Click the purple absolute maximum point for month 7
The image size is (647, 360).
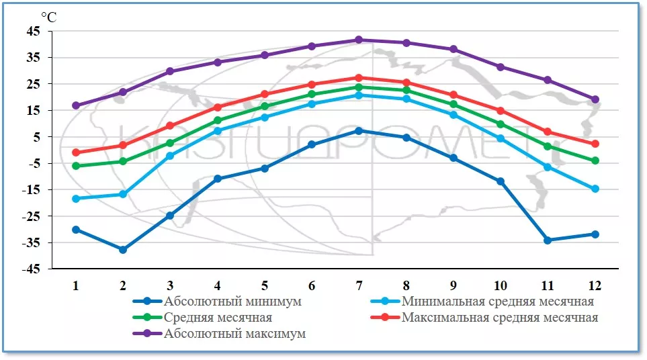pyautogui.click(x=359, y=40)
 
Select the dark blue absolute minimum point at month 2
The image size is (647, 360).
pyautogui.click(x=123, y=250)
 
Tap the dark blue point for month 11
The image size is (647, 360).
pyautogui.click(x=548, y=240)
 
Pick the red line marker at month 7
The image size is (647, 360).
pyautogui.click(x=359, y=78)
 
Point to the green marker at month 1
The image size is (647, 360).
pyautogui.click(x=76, y=166)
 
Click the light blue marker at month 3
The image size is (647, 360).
pyautogui.click(x=170, y=156)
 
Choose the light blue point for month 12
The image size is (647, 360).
pyautogui.click(x=595, y=189)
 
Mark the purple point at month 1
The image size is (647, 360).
pyautogui.click(x=76, y=105)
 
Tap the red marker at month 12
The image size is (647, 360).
pyautogui.click(x=595, y=144)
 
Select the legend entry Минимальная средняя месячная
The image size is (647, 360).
pyautogui.click(x=497, y=302)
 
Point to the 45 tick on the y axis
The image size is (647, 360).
pyautogui.click(x=34, y=31)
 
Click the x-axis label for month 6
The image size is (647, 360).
pyautogui.click(x=312, y=284)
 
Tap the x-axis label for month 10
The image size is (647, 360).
pyautogui.click(x=500, y=284)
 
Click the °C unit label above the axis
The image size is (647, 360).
pyautogui.click(x=48, y=17)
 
